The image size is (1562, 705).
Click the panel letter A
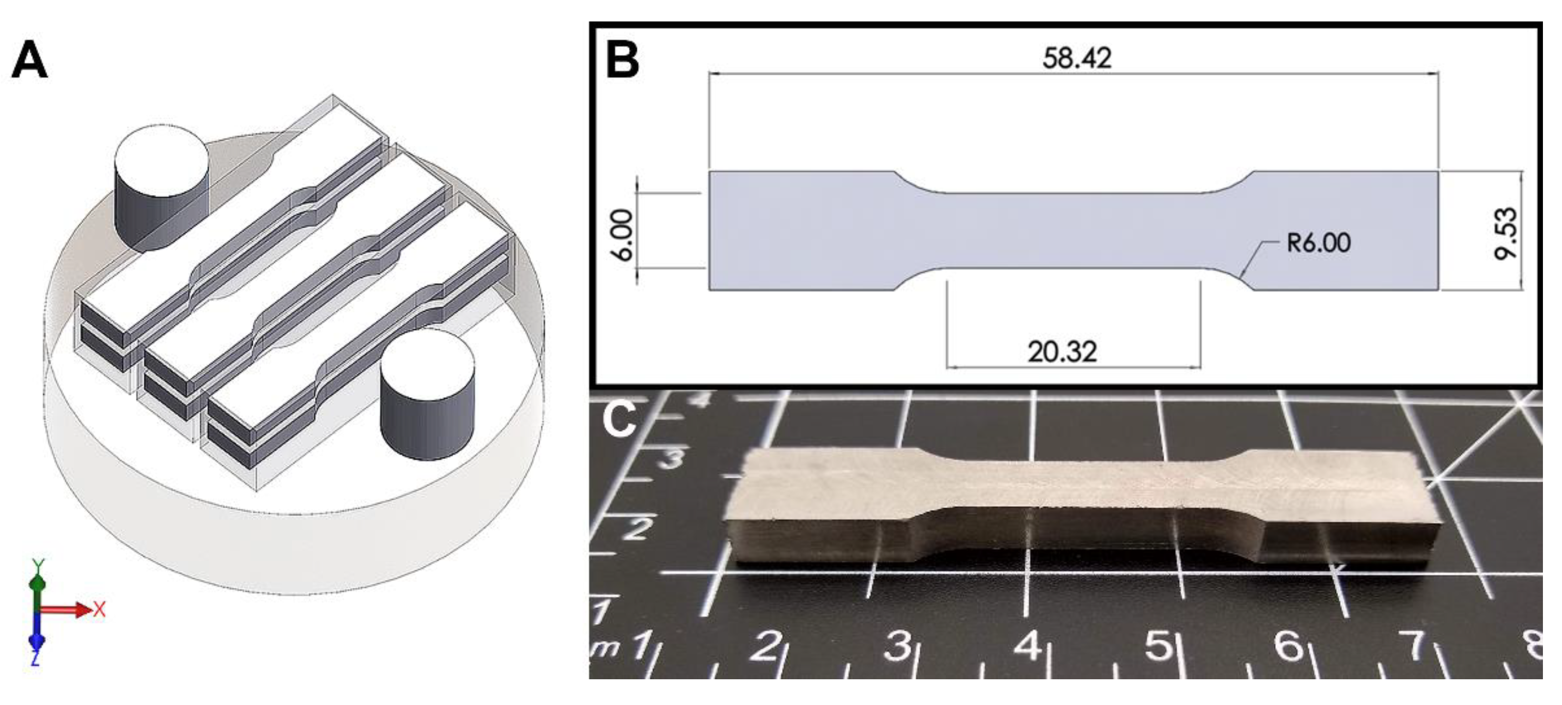coord(29,60)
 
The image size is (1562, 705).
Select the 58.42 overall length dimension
coord(1077,58)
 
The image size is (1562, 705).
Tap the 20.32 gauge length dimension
coord(1062,352)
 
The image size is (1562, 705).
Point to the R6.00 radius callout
coord(1319,243)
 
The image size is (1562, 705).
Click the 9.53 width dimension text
coord(1506,234)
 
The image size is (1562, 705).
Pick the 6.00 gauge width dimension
coord(623,235)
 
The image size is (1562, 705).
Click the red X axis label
coord(100,609)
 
